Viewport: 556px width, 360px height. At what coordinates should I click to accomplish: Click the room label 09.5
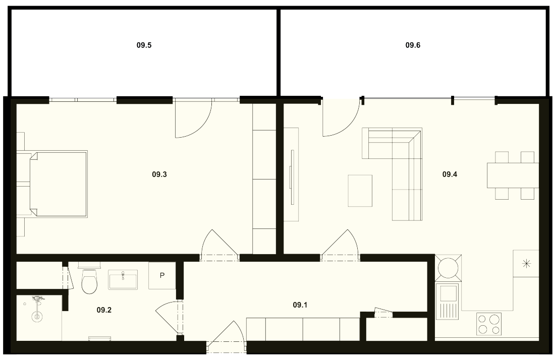144,45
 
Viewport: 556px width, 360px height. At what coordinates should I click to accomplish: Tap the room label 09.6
413,45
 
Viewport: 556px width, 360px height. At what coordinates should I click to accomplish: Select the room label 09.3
159,174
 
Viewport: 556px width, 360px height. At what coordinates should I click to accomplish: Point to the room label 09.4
450,174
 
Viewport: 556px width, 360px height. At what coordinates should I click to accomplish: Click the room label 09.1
300,305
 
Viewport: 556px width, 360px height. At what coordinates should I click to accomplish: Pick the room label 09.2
104,310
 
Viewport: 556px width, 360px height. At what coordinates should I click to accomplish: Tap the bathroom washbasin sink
123,279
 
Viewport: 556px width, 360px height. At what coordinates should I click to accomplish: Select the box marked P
162,276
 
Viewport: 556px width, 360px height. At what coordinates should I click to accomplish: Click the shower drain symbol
37,317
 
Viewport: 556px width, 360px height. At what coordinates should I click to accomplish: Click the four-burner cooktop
488,324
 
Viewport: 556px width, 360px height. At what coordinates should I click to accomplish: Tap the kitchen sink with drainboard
448,301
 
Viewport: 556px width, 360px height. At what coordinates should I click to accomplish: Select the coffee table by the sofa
360,190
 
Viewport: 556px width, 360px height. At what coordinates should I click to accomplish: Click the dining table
513,175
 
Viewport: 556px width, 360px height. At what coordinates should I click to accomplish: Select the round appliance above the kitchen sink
448,268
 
